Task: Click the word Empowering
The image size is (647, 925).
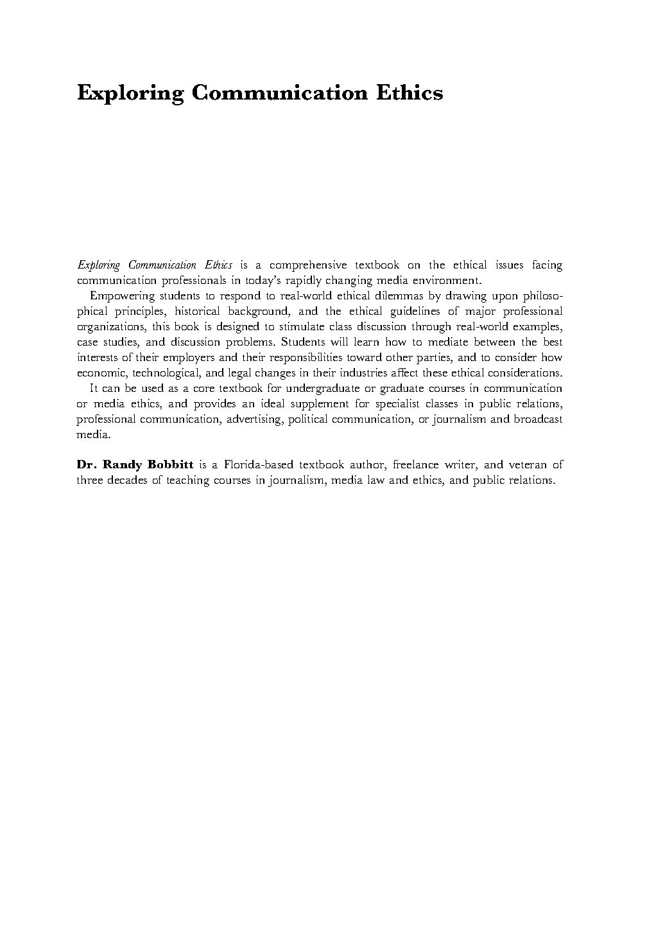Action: click(123, 296)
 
